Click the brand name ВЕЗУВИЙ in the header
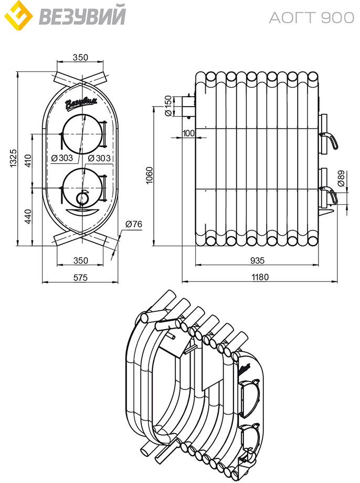point(82,16)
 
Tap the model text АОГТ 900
point(312,17)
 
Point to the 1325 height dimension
point(14,159)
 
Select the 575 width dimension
point(80,278)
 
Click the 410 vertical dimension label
point(28,161)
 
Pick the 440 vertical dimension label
point(28,216)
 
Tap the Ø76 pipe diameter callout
point(134,224)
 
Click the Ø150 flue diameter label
point(168,106)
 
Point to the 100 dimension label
point(188,133)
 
